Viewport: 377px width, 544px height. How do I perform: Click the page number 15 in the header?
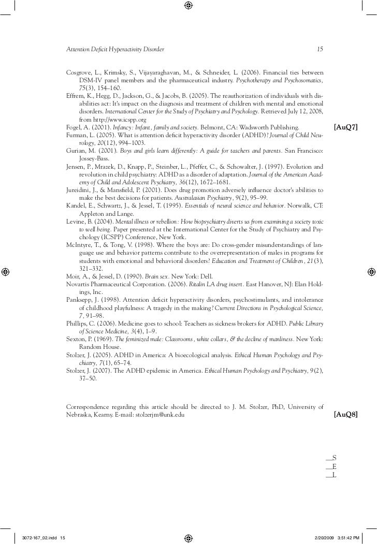coord(320,50)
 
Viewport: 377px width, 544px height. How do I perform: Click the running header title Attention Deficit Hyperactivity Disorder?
coord(115,50)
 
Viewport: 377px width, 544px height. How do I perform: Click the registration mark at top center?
coord(189,6)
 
